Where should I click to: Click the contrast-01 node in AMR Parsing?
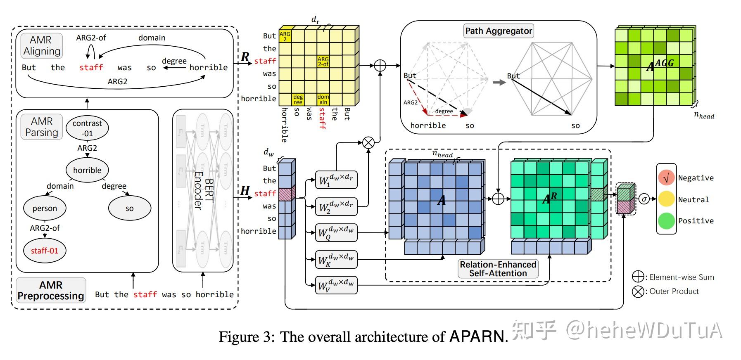click(x=87, y=128)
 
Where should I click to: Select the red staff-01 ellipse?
click(x=45, y=251)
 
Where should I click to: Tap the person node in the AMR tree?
click(x=45, y=208)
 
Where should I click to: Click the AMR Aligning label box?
click(x=42, y=45)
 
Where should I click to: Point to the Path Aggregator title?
click(x=499, y=31)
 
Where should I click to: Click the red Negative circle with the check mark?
click(x=666, y=178)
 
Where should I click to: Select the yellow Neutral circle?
click(x=666, y=199)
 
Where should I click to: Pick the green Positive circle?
click(x=666, y=221)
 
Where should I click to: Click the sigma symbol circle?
click(x=644, y=199)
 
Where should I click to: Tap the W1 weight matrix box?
click(x=336, y=180)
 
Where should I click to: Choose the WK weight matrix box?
click(x=336, y=260)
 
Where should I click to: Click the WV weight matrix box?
click(x=336, y=284)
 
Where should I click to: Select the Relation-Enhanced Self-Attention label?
click(x=498, y=269)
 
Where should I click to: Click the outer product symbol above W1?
click(x=368, y=143)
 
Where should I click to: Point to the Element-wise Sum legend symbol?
click(x=638, y=277)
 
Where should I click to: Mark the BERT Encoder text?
click(x=203, y=190)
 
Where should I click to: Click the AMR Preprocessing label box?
click(x=51, y=291)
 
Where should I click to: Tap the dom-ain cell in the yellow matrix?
click(x=323, y=99)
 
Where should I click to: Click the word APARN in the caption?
click(x=477, y=337)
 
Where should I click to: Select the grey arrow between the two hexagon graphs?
click(x=499, y=82)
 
